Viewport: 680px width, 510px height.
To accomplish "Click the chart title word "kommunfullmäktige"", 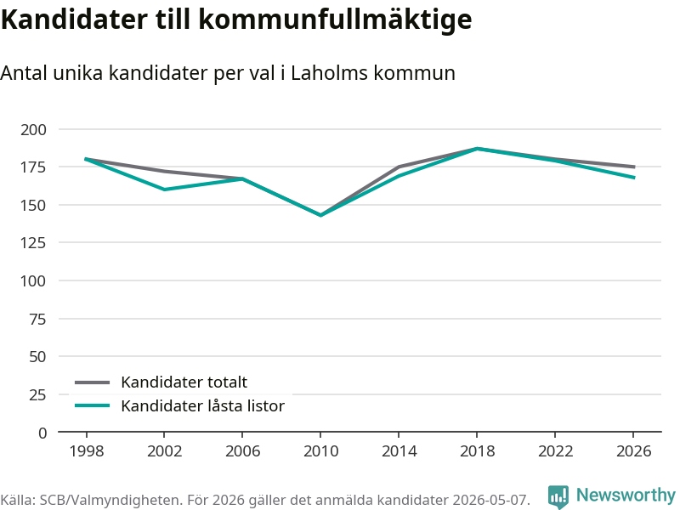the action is point(335,20).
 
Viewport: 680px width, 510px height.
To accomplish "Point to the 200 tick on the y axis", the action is point(33,130).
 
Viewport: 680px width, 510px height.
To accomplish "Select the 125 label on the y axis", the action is point(33,243).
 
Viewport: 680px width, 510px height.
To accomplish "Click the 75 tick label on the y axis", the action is point(37,320).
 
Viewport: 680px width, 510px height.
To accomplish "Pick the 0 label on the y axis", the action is point(42,433).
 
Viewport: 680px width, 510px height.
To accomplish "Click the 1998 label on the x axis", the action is point(87,451).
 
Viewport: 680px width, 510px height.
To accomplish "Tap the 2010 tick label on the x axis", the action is point(321,451).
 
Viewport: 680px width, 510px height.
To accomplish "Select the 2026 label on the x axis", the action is point(633,451).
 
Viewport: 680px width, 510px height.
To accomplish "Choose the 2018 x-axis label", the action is point(477,451).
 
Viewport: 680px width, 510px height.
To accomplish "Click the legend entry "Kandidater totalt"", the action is point(184,382).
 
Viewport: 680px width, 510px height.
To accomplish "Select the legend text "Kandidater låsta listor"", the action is point(202,406).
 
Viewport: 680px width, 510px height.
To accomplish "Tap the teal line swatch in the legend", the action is point(93,406).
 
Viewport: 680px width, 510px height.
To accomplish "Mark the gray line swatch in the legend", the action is point(93,382).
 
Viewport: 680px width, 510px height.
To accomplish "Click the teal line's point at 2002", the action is point(164,190).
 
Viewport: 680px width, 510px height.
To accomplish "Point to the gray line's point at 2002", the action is point(164,172).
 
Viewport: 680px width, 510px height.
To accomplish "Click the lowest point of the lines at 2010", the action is point(321,215).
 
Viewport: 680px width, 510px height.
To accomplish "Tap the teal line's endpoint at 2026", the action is point(634,178).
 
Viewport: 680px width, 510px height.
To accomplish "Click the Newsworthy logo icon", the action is point(558,496).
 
